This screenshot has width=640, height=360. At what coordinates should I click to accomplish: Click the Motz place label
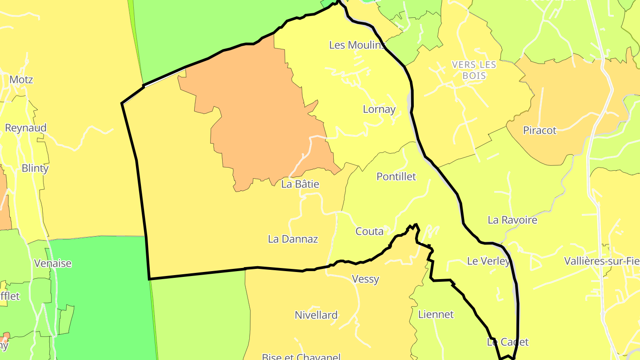tap(21, 80)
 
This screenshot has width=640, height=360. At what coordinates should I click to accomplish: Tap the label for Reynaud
tap(26, 128)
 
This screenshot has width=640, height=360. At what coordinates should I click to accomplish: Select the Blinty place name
tap(35, 168)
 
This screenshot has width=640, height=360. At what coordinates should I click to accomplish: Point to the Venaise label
tap(53, 264)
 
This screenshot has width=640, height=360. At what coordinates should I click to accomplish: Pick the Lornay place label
tap(379, 109)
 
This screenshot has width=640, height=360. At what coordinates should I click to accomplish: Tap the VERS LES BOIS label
tap(474, 70)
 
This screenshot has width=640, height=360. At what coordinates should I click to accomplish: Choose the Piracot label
tap(540, 131)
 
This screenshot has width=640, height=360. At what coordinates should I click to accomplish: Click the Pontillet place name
tap(396, 177)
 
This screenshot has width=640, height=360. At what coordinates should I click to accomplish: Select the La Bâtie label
tap(300, 184)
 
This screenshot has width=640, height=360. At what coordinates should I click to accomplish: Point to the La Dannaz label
tap(293, 239)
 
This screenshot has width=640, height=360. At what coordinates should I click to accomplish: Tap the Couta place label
tap(369, 232)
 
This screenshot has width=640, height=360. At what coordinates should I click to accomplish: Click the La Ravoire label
tap(512, 220)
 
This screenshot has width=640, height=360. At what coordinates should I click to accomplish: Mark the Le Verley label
tap(488, 261)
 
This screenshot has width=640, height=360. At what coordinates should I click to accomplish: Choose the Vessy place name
tap(365, 280)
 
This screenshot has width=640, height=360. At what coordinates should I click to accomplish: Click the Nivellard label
tap(316, 316)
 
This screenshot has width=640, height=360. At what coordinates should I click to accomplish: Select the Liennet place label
tap(436, 315)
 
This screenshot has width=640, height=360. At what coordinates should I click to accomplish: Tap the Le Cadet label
tap(508, 342)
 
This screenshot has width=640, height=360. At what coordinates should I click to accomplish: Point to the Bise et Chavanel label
tap(301, 356)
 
